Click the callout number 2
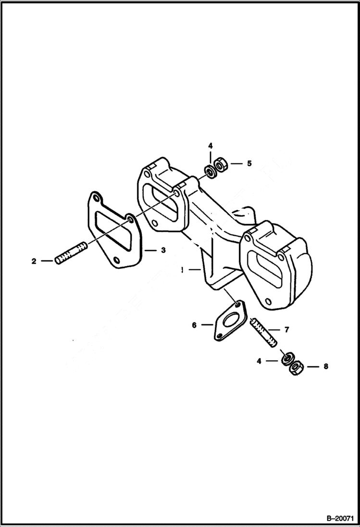click(34, 261)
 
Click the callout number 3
click(163, 250)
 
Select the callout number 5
click(249, 163)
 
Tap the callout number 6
click(194, 325)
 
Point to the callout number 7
click(286, 330)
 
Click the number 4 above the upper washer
click(210, 145)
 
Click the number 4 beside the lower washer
click(259, 360)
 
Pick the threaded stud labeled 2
click(71, 253)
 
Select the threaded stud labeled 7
click(263, 332)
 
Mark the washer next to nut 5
click(211, 170)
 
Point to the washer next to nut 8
click(287, 358)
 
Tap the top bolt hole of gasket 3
click(96, 197)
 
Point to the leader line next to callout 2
click(47, 261)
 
